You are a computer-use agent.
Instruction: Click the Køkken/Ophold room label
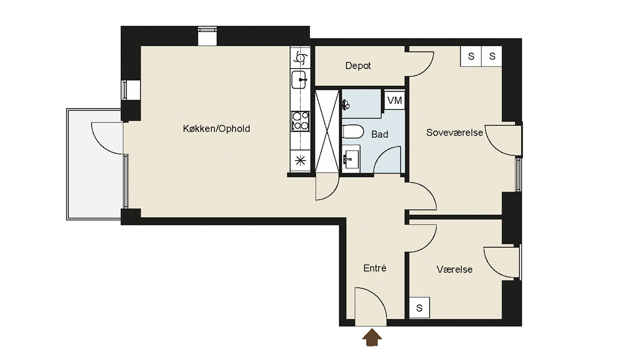point(216,129)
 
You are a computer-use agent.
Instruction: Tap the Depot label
point(358,65)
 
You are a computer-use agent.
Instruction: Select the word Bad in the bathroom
point(379,134)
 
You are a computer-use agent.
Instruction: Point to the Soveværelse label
point(455,133)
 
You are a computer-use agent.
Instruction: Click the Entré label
point(375,268)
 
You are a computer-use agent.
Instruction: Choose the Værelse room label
point(455,269)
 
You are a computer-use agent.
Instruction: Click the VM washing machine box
point(394,100)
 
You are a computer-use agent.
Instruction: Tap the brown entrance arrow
point(372,337)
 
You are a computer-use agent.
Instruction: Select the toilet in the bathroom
point(353,132)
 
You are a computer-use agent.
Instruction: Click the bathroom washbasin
point(351,159)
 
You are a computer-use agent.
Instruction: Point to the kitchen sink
point(299,80)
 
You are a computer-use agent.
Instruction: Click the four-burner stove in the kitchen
point(300,121)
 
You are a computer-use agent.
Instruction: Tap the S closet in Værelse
point(419,308)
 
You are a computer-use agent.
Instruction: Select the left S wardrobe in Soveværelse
point(471,56)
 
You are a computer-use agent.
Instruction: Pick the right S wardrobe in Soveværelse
point(492,56)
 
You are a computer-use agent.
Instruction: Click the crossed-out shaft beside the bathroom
point(326,131)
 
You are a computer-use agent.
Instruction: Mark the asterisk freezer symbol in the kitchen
point(300,160)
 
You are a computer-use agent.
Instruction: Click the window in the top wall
point(207,36)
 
